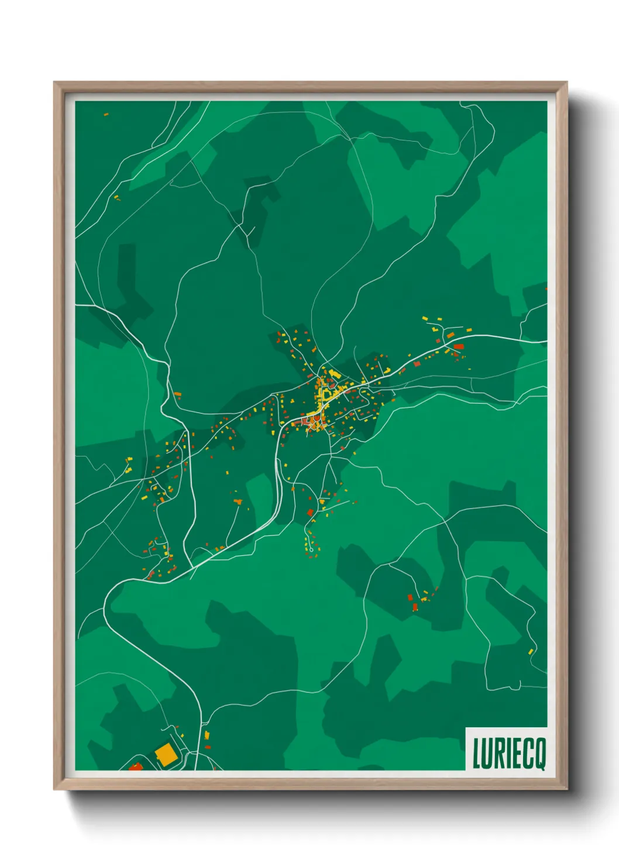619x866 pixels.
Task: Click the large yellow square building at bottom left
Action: [165, 754]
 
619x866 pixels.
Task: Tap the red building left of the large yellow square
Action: [136, 766]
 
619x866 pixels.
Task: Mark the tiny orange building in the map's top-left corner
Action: [106, 114]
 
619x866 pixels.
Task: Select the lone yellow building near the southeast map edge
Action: [531, 651]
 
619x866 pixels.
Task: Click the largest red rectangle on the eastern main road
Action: [459, 346]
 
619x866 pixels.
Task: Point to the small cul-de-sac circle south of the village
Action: [312, 549]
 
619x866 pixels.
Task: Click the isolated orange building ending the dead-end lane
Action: [238, 501]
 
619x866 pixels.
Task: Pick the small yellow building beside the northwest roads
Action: [116, 197]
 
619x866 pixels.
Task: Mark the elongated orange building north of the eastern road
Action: [451, 335]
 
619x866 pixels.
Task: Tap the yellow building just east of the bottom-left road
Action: [206, 734]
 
